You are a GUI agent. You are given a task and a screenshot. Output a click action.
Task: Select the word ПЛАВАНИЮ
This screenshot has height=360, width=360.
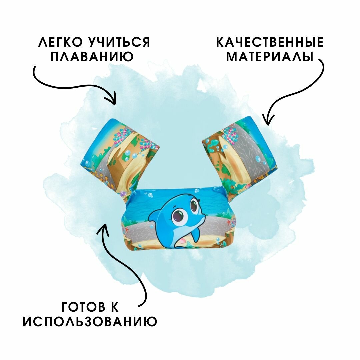coord(92,57)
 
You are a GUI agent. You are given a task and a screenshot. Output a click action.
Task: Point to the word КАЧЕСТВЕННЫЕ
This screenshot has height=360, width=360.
coord(270,42)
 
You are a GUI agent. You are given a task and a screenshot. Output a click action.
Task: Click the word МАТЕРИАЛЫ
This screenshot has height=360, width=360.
coord(270,57)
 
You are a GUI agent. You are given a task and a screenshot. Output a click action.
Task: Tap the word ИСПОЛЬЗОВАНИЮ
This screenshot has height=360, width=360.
coord(90,322)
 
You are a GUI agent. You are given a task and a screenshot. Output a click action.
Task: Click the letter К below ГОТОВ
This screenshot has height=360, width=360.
coord(114,307)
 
